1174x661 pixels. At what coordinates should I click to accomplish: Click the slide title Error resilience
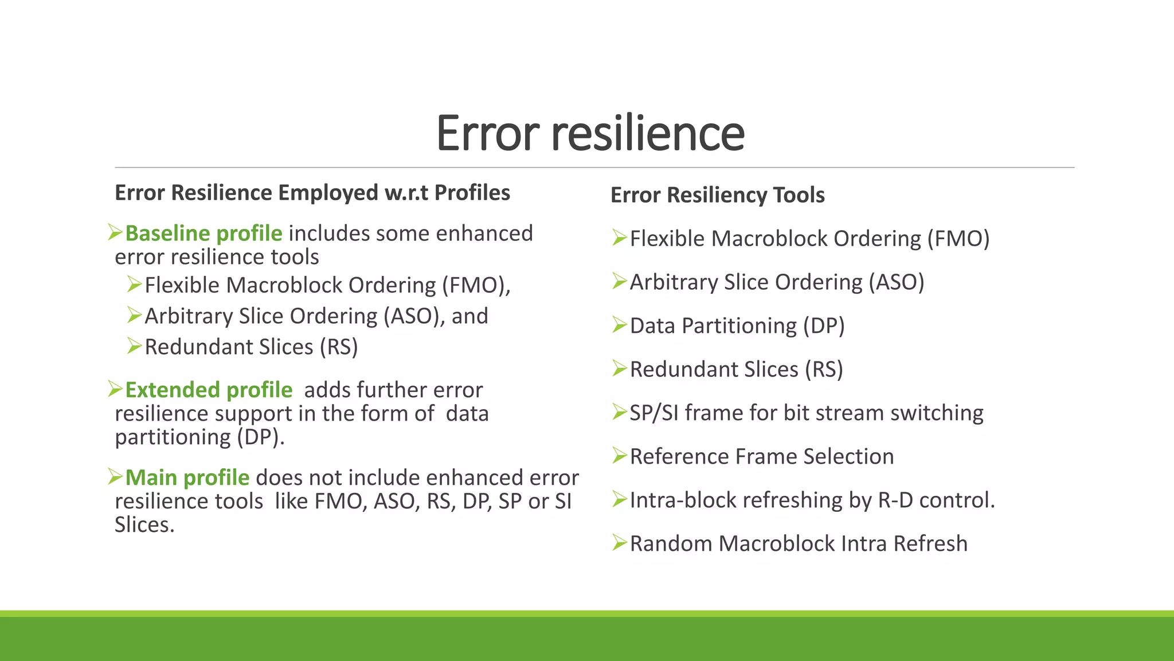coord(590,133)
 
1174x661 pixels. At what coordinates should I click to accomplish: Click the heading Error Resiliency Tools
coord(717,195)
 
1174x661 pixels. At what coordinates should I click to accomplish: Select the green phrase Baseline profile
coord(204,234)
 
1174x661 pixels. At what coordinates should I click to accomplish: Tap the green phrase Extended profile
coord(209,390)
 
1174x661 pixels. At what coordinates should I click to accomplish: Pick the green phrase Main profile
coord(187,478)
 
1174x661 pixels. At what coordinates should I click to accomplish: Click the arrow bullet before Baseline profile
coord(115,232)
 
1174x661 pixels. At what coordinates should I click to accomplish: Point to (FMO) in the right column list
coord(958,239)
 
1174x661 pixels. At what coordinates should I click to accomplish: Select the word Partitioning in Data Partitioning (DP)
coord(739,326)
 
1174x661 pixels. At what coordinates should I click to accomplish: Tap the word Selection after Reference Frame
coord(848,457)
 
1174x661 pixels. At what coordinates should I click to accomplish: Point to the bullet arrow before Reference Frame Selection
coord(619,456)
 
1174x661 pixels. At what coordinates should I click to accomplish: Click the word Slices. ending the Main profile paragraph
coord(144,525)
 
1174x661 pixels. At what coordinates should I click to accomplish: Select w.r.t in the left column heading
coord(406,193)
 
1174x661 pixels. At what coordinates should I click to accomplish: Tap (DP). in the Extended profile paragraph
coord(261,437)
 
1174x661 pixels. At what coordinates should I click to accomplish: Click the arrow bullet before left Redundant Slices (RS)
coord(134,346)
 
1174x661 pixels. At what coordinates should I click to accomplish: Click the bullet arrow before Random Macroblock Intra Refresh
coord(619,543)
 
